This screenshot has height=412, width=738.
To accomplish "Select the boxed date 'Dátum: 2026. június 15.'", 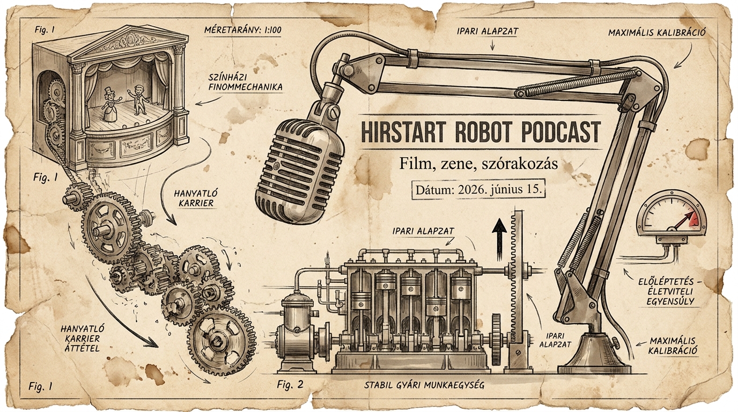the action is [x=479, y=190].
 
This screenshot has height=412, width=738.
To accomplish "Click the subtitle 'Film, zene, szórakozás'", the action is [x=478, y=164].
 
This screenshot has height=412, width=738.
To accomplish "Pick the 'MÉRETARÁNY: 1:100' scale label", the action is [x=243, y=31].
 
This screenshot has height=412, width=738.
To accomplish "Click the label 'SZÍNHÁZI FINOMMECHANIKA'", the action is [x=246, y=83].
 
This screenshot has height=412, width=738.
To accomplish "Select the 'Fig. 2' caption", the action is [x=290, y=384].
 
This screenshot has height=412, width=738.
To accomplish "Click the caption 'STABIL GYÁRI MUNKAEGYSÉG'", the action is [x=424, y=385].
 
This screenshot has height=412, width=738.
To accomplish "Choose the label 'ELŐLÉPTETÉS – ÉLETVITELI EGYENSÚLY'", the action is [x=666, y=291].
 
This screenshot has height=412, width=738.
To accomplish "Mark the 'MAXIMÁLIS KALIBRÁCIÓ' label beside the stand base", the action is [x=673, y=345].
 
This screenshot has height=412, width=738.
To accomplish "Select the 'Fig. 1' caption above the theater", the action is [x=45, y=30].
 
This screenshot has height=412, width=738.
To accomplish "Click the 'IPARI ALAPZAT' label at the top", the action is [x=488, y=31].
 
